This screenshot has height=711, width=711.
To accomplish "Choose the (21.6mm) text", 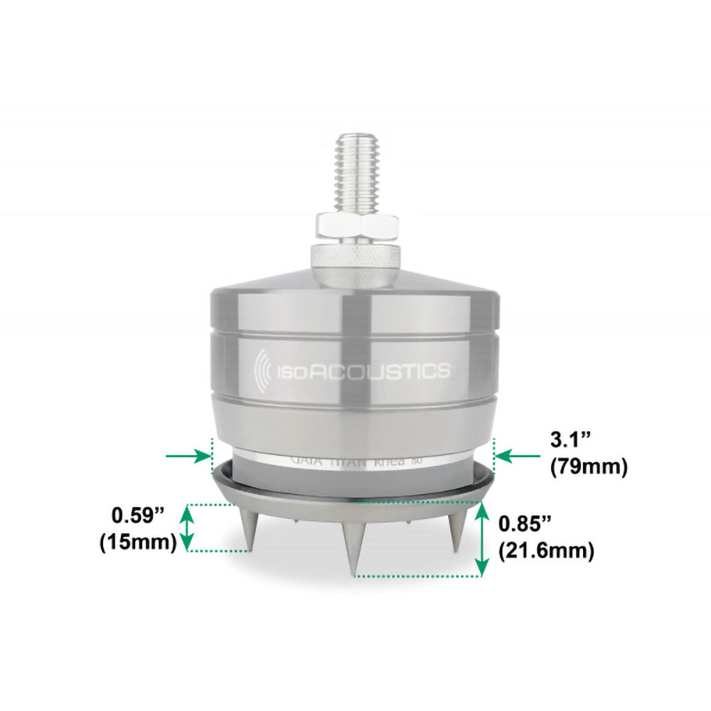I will [546, 550].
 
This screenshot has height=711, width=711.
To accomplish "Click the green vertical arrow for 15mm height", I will [187, 527].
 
